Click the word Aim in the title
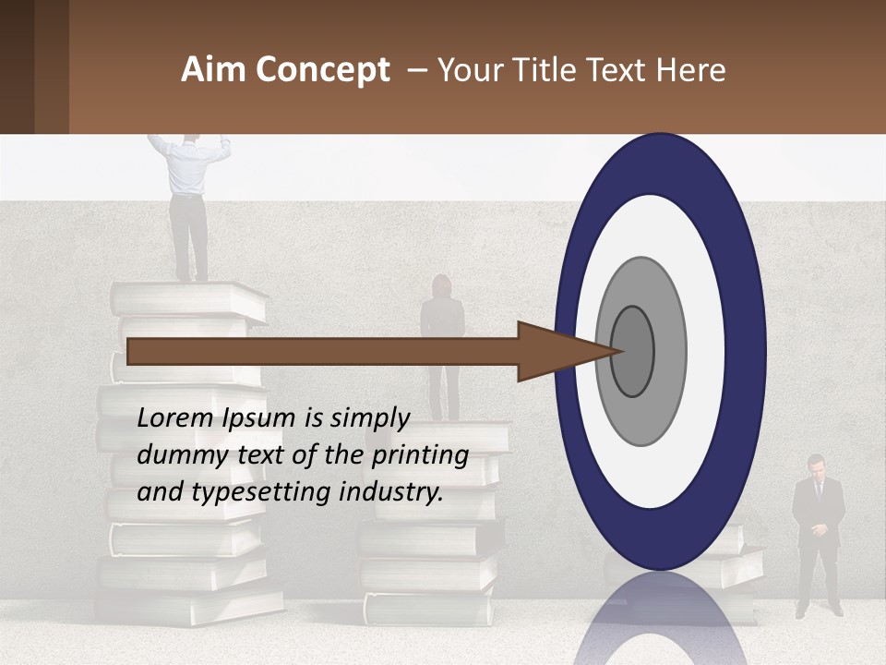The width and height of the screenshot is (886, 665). click(213, 70)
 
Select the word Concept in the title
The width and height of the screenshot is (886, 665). click(322, 70)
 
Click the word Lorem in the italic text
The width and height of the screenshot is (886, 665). click(175, 418)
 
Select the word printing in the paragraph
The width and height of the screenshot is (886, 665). click(421, 455)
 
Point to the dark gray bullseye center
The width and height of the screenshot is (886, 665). click(632, 351)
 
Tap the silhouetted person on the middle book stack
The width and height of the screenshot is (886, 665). click(443, 342)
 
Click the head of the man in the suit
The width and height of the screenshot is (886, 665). click(816, 465)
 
